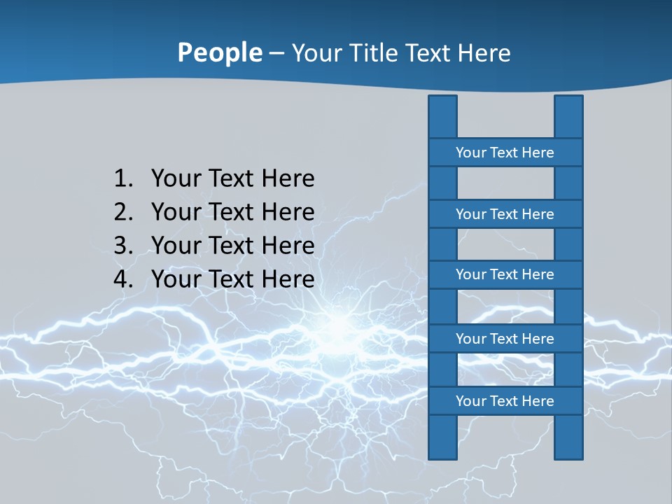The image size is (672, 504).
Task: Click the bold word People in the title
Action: point(219,52)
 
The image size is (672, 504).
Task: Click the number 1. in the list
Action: point(123,178)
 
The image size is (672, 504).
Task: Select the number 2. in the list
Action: point(123,212)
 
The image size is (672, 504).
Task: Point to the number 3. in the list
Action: point(123,246)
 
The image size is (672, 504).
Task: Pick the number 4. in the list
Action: point(123,279)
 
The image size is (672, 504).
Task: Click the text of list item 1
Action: point(232,178)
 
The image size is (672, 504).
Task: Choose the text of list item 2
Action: point(232,212)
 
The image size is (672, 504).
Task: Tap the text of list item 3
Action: point(232,246)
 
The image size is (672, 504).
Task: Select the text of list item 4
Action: point(232,279)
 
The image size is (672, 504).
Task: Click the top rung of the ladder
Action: point(505,153)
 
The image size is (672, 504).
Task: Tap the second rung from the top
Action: point(505,214)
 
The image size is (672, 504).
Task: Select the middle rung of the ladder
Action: point(505,275)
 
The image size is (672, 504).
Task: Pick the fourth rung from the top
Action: point(505,339)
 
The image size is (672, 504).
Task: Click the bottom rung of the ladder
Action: point(505,401)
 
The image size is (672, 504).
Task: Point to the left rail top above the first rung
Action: point(442,117)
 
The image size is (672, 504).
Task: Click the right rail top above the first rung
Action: point(568,117)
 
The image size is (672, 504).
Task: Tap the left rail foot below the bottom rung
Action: point(442,437)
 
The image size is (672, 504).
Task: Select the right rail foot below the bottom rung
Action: point(568,437)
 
